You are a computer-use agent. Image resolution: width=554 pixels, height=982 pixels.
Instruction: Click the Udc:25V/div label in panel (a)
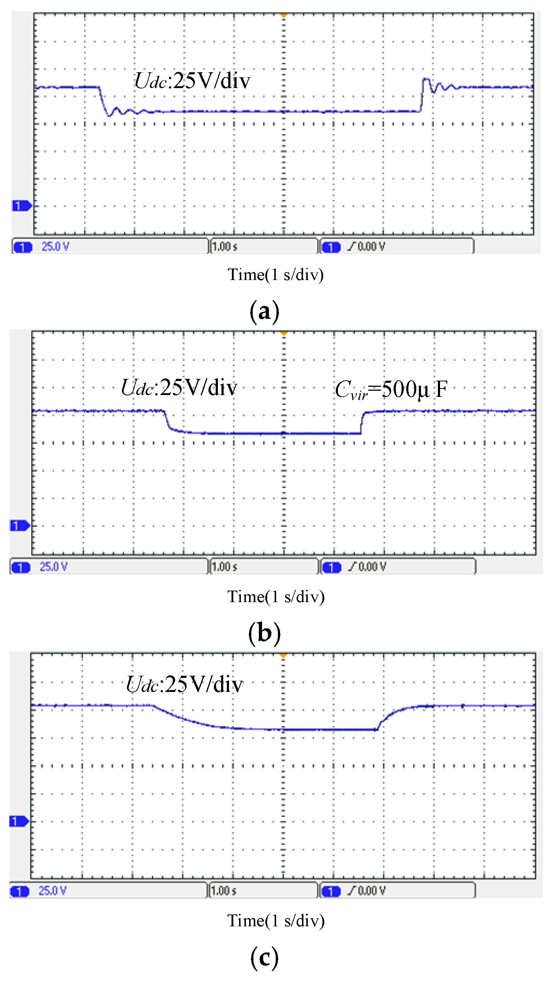tap(193, 81)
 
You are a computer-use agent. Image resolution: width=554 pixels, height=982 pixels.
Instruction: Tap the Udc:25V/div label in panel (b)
tap(179, 388)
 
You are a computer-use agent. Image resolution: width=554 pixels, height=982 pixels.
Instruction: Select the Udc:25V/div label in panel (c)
tap(184, 684)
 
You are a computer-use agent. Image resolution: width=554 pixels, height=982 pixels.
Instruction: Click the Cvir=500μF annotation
tap(391, 390)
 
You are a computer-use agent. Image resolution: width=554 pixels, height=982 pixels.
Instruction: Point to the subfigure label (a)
tap(265, 311)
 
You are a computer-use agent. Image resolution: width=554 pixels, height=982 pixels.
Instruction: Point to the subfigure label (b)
tap(265, 633)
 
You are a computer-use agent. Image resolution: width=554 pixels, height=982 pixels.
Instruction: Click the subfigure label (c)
tap(265, 957)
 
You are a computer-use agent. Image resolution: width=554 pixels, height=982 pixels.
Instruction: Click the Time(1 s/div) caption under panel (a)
tap(276, 275)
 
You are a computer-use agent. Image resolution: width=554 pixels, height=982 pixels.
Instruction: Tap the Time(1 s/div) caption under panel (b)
tap(276, 597)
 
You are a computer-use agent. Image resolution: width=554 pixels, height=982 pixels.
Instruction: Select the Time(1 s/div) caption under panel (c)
tap(276, 921)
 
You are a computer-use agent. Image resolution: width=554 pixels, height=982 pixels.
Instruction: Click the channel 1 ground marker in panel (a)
tap(21, 206)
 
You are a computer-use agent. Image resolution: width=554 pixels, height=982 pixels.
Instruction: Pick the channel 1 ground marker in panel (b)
tap(19, 526)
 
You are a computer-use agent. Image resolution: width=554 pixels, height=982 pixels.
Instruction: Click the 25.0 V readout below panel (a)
tap(55, 247)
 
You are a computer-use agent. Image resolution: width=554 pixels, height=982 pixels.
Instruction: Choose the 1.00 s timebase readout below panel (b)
tap(225, 567)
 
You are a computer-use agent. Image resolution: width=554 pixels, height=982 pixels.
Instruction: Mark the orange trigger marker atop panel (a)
tap(284, 15)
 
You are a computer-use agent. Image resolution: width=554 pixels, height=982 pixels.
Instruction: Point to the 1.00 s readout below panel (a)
tap(225, 247)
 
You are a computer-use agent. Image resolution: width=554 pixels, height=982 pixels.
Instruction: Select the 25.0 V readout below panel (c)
tap(52, 891)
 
